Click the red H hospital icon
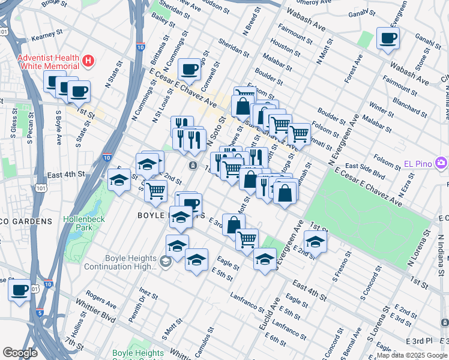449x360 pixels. tap(89, 60)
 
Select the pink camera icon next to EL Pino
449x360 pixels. tap(442, 163)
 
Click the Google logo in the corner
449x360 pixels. tap(20, 353)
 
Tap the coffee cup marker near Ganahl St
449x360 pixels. tap(388, 40)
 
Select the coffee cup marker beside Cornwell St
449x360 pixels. tap(190, 70)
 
